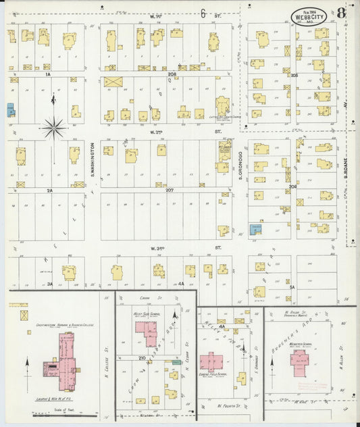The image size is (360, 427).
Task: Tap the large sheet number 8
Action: pos(342,12)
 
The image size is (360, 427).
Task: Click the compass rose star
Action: pos(53,126)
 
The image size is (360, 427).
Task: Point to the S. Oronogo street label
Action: pos(240,166)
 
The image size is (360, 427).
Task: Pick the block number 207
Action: pos(170,191)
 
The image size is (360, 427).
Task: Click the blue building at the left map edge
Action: pos(10,109)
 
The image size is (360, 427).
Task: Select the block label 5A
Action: pos(292,287)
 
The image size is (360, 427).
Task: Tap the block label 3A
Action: pos(49,284)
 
